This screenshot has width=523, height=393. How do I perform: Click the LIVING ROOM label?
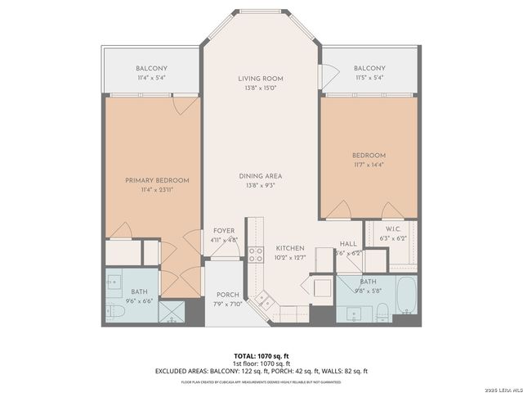coord(261,79)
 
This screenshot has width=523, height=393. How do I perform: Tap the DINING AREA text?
coord(261,176)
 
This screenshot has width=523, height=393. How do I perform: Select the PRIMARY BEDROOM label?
coord(157,180)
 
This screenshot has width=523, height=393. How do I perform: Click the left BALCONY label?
coord(151,68)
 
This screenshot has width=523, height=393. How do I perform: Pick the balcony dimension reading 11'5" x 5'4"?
coord(369,77)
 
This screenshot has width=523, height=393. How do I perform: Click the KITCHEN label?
coord(289,248)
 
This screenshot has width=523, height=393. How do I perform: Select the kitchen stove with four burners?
coord(255,253)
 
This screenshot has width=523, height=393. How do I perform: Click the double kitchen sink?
coord(266,301)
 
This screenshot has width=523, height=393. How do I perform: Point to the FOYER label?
coord(224,231)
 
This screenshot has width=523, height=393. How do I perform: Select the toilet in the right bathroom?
coord(381,310)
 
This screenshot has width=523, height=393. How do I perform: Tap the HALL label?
coord(348,244)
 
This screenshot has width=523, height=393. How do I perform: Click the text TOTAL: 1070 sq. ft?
coord(261,356)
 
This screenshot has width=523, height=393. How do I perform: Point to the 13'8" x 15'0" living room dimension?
coord(261,88)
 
